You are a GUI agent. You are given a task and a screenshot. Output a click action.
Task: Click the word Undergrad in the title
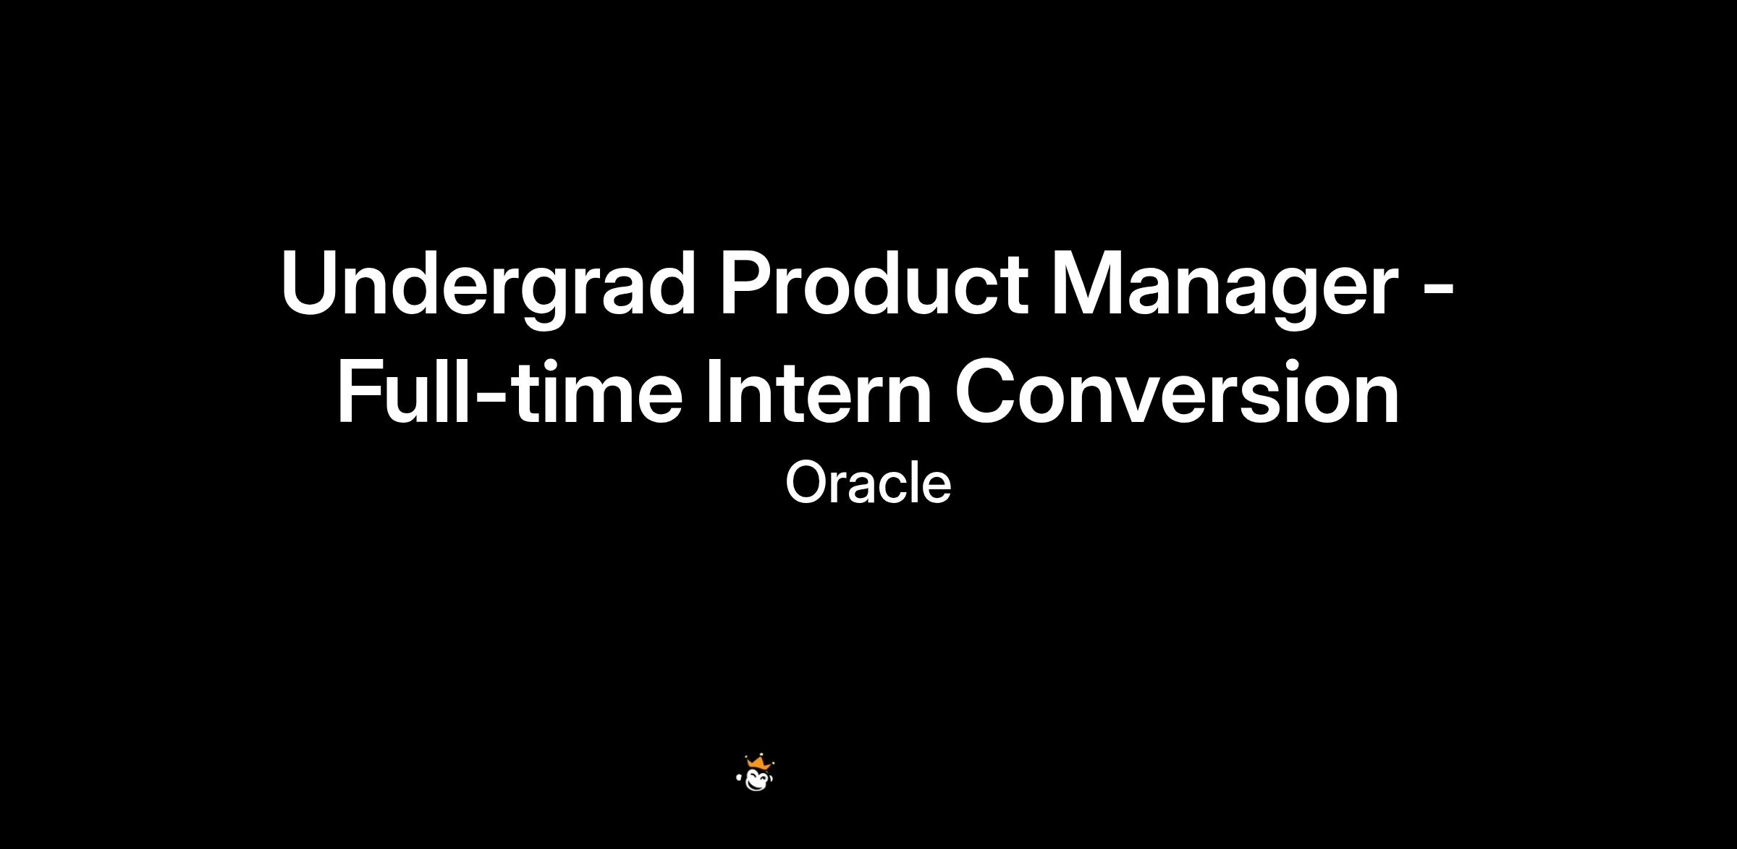[489, 284]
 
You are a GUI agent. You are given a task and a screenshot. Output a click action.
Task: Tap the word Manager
[1224, 284]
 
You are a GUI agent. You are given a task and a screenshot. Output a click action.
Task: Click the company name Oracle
[868, 483]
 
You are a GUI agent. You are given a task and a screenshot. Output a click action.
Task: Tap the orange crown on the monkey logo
[758, 762]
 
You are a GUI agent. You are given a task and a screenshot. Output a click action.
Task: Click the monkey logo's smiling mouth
[758, 785]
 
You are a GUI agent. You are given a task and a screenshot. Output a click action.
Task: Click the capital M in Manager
[1090, 282]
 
